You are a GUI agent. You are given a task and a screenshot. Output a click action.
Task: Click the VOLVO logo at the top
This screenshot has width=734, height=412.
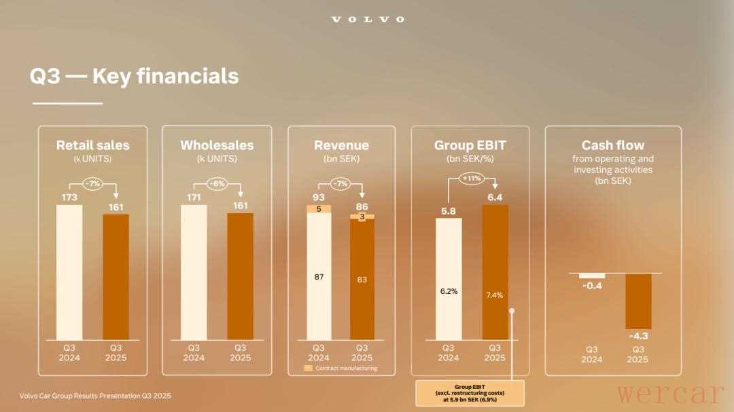(x=367, y=19)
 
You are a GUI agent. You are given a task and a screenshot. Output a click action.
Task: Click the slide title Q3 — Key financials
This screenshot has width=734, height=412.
(x=134, y=76)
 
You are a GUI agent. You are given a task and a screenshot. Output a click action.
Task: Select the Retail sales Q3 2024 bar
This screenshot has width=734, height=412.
(x=69, y=271)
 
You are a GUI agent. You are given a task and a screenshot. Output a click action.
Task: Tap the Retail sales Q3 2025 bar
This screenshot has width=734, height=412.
(x=116, y=276)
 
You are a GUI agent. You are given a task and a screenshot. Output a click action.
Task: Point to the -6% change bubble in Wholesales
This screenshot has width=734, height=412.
(x=217, y=183)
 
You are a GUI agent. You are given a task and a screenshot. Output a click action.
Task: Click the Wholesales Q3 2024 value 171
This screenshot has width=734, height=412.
(x=194, y=198)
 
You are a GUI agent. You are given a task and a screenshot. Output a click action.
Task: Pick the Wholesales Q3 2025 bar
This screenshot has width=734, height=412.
(x=240, y=276)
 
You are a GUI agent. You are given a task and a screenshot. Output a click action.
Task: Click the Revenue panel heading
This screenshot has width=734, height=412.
(x=341, y=145)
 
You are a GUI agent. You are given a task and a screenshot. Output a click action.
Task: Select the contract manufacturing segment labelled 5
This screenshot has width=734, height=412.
(x=319, y=208)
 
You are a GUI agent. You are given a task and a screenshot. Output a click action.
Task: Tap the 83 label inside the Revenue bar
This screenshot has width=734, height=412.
(x=362, y=279)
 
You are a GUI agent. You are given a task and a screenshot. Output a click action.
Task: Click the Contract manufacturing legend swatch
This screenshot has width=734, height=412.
(x=308, y=369)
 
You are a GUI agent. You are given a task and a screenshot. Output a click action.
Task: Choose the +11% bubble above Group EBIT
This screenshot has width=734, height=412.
(x=472, y=178)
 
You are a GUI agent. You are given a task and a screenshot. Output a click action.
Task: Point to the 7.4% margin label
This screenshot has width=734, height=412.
(x=495, y=295)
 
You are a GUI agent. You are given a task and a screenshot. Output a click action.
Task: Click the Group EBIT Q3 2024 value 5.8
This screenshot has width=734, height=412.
(x=448, y=211)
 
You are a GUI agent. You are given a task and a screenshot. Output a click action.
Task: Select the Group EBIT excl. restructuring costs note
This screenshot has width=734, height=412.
(x=469, y=393)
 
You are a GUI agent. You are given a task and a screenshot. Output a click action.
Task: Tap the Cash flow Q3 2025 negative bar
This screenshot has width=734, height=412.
(x=638, y=301)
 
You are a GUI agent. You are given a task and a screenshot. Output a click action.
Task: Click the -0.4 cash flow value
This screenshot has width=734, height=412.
(x=591, y=286)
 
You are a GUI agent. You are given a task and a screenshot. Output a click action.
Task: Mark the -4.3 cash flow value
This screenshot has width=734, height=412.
(x=637, y=336)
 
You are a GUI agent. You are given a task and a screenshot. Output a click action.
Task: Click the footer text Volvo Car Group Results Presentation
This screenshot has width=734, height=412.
(x=95, y=396)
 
